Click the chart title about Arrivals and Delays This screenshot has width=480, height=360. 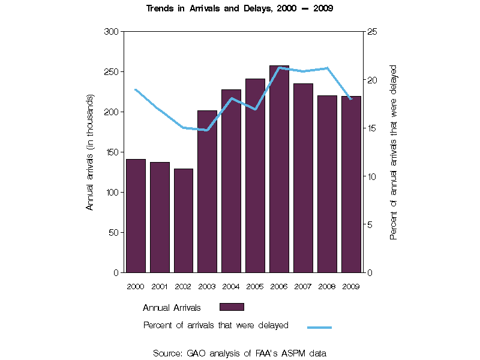240,8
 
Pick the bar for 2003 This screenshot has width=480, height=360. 207,191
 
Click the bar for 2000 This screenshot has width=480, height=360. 136,216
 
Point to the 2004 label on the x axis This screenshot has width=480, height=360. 231,287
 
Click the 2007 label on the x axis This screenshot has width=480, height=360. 303,287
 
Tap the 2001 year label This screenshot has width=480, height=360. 160,287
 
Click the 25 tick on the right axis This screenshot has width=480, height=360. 372,31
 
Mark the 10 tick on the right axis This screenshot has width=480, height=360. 372,176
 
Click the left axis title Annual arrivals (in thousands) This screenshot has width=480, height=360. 91,152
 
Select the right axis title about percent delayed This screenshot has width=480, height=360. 394,152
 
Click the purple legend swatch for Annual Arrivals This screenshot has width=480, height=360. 232,307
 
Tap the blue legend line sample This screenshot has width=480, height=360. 319,328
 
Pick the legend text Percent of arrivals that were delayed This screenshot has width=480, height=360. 216,325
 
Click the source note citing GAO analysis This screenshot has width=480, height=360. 239,353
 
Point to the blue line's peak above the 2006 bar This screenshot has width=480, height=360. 279,68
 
